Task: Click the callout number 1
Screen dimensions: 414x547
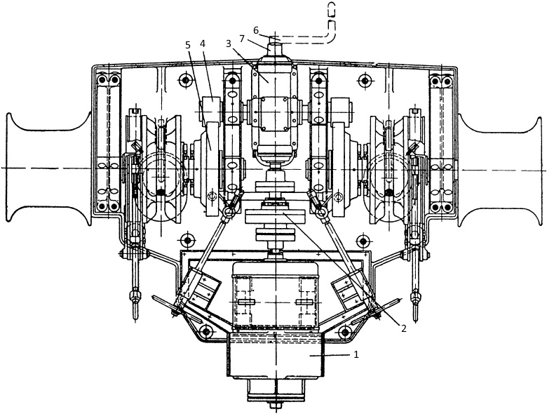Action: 357,355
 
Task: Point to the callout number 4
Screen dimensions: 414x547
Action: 202,44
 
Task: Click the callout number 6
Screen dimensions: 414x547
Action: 255,29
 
